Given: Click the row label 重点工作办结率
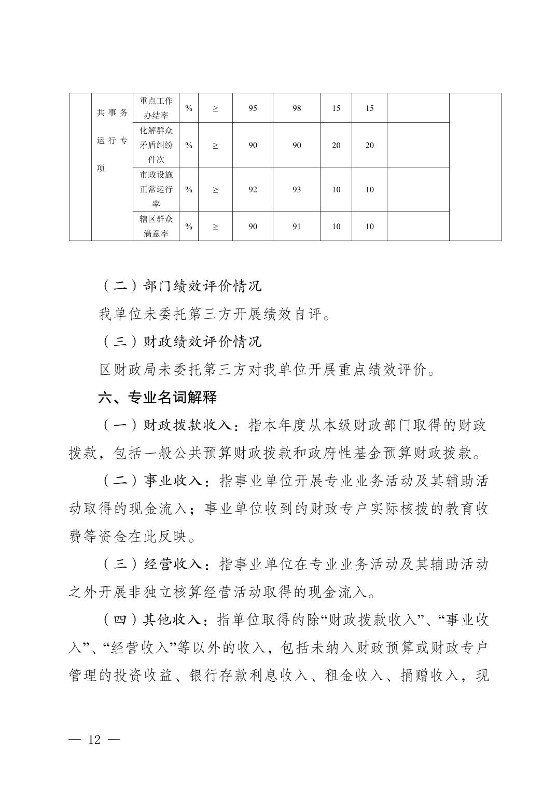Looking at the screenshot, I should click(x=156, y=108).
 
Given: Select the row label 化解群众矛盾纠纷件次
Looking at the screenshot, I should click(x=156, y=145).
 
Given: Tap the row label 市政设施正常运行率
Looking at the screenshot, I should click(x=156, y=189).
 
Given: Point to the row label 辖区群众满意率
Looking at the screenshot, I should click(x=156, y=226).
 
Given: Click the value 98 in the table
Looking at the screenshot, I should click(x=297, y=108).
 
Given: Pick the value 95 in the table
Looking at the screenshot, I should click(x=253, y=108).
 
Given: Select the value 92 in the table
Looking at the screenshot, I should click(x=253, y=190).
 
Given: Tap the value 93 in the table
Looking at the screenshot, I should click(x=297, y=190).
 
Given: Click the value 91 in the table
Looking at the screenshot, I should click(x=297, y=227).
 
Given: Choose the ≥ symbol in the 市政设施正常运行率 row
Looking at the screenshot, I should click(x=215, y=190).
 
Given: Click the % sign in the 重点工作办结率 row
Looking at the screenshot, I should click(x=189, y=108).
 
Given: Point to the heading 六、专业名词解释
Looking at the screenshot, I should click(x=158, y=398).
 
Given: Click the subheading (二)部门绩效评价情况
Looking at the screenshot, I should click(x=180, y=286).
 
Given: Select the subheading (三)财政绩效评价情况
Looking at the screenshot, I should click(x=180, y=342).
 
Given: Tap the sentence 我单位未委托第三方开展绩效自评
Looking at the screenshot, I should click(x=214, y=314).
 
